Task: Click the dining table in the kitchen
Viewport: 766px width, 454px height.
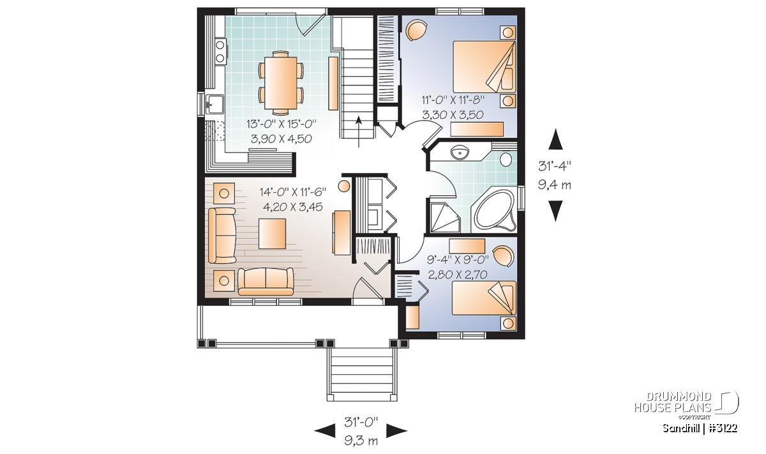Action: pos(280,82)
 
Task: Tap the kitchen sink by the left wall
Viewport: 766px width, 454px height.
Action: pos(214,103)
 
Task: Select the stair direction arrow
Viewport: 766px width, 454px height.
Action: pos(358,132)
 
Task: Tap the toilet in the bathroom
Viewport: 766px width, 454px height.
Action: pos(506,159)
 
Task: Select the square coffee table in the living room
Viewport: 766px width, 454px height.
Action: pos(272,234)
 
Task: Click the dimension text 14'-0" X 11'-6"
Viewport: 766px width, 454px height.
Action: pos(293,192)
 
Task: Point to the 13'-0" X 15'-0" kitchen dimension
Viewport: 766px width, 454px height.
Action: pos(282,124)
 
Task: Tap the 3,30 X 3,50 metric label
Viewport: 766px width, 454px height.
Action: pos(453,114)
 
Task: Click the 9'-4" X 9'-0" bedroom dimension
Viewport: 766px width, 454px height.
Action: pos(458,260)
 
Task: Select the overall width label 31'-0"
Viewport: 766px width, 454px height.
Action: pos(361,423)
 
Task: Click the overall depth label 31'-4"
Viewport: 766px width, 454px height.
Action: pos(555,166)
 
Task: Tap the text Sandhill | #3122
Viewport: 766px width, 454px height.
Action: pos(700,428)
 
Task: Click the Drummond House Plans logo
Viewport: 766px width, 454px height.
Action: pos(686,405)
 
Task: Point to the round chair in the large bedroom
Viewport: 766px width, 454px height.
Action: pos(416,30)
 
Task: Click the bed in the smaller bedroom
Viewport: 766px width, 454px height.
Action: pos(484,298)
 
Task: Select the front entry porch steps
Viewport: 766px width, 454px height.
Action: pos(362,374)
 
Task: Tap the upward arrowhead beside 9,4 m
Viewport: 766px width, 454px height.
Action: pos(555,139)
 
